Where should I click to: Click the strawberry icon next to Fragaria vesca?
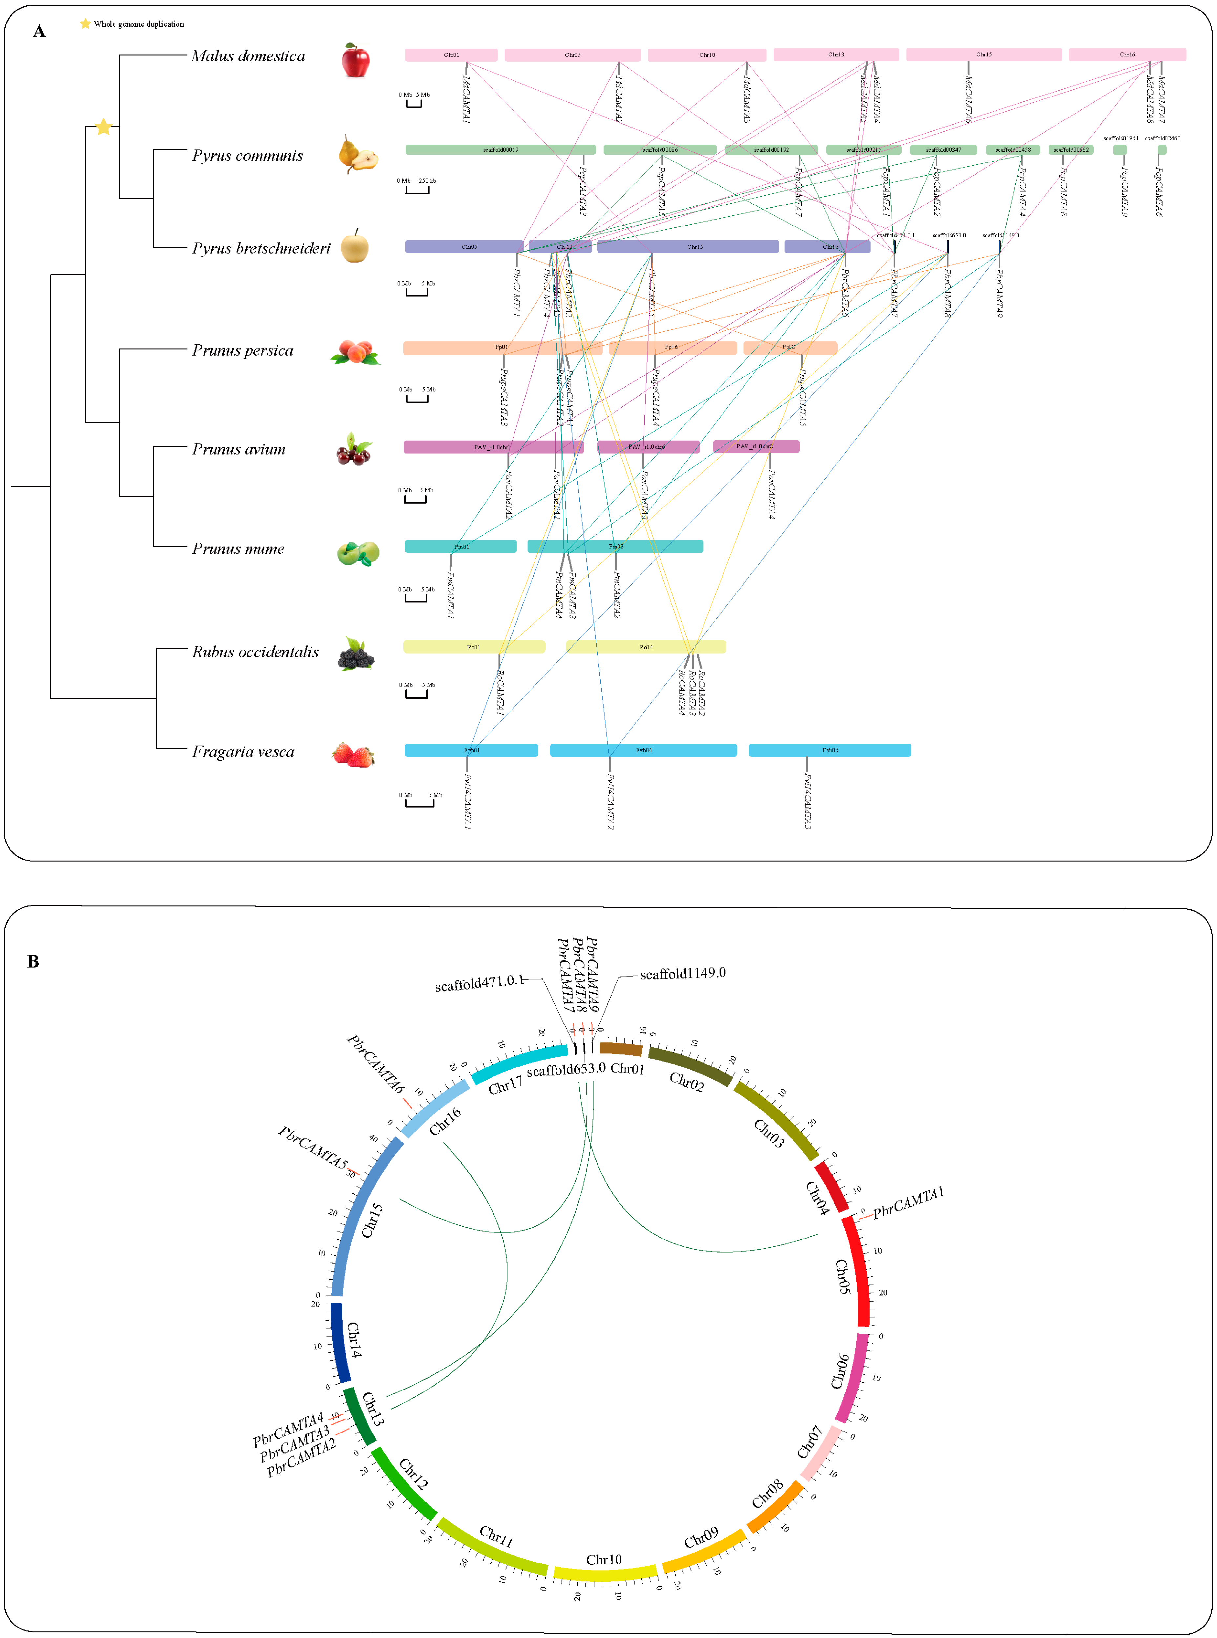[354, 755]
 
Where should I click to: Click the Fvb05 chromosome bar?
[829, 750]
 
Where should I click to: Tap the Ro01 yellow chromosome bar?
[474, 647]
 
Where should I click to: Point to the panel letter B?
[33, 961]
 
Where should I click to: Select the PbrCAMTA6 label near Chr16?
[376, 1065]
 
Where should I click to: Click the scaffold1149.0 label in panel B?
[683, 973]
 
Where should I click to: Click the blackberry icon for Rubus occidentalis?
[356, 654]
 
